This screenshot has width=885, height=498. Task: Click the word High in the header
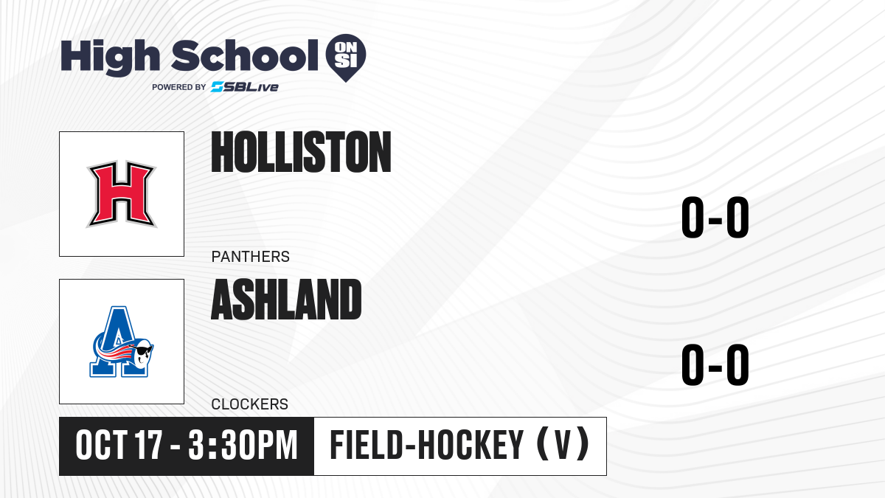point(111,57)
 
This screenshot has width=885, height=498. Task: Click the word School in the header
point(245,55)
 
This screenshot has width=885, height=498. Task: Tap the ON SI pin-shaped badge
point(346,58)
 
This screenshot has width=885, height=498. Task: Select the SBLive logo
point(244,87)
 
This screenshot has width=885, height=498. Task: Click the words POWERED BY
point(179,87)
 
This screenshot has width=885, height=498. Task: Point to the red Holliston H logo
point(122,194)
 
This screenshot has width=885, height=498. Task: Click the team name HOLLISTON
point(301,152)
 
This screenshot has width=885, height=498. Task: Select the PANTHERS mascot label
point(251,257)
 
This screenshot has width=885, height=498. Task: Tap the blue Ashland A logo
point(121,342)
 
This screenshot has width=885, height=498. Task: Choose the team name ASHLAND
point(286,300)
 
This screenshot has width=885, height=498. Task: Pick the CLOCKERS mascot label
point(250,404)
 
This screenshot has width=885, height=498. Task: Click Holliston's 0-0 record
point(715,217)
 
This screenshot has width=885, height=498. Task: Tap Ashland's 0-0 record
point(715,364)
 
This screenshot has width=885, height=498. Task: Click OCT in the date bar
point(102,446)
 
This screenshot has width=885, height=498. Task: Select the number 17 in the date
point(148,446)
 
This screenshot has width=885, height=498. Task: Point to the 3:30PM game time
point(243,446)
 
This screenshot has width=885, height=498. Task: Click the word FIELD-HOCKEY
point(427,446)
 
